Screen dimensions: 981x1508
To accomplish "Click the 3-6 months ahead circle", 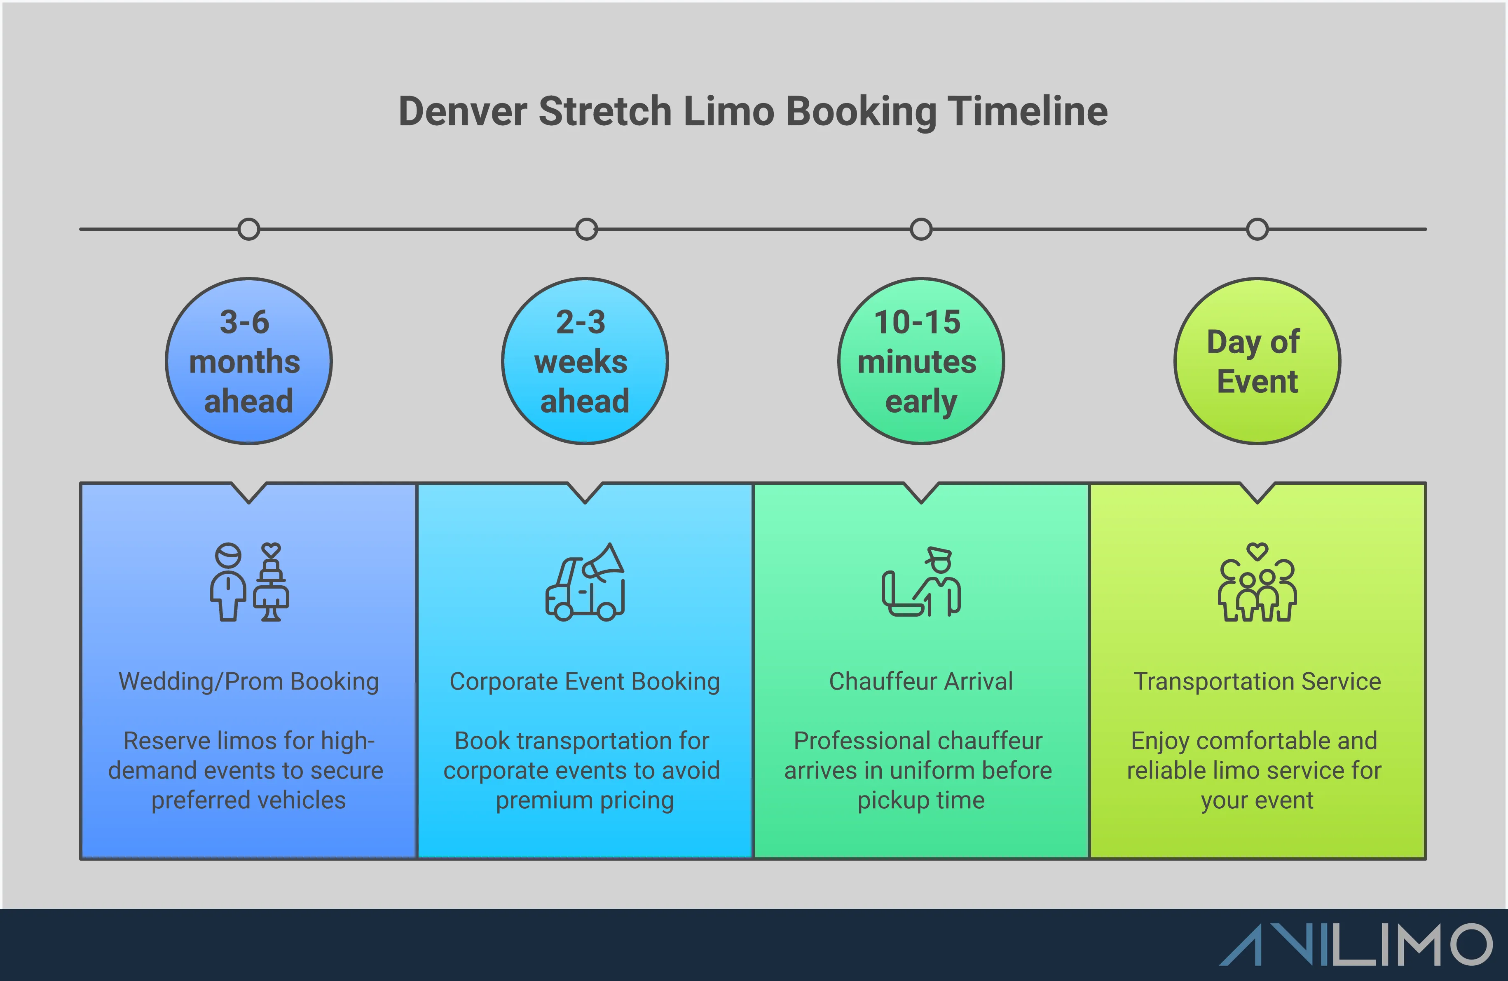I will click(248, 361).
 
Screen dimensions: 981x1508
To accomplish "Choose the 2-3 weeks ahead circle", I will click(584, 361).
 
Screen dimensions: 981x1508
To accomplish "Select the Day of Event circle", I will click(1257, 361).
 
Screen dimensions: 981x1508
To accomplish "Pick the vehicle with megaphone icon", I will click(585, 582).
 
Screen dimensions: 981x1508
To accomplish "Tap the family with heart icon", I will click(1257, 582).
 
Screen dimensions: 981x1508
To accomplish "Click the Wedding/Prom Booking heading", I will click(248, 681).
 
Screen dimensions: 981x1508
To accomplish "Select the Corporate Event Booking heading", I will click(584, 681).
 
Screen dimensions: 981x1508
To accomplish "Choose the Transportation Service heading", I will click(1257, 681).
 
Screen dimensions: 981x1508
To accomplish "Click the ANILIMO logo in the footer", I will click(1356, 945).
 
